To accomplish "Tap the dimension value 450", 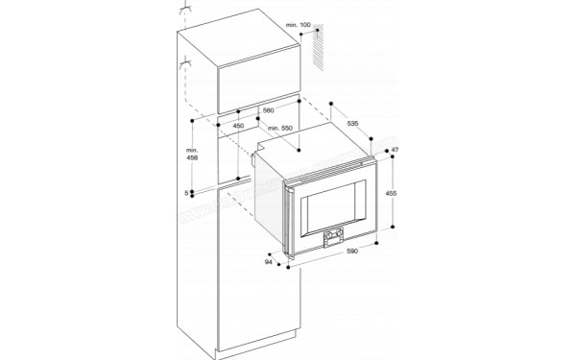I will (238, 126).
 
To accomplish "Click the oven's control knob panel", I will (335, 233).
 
